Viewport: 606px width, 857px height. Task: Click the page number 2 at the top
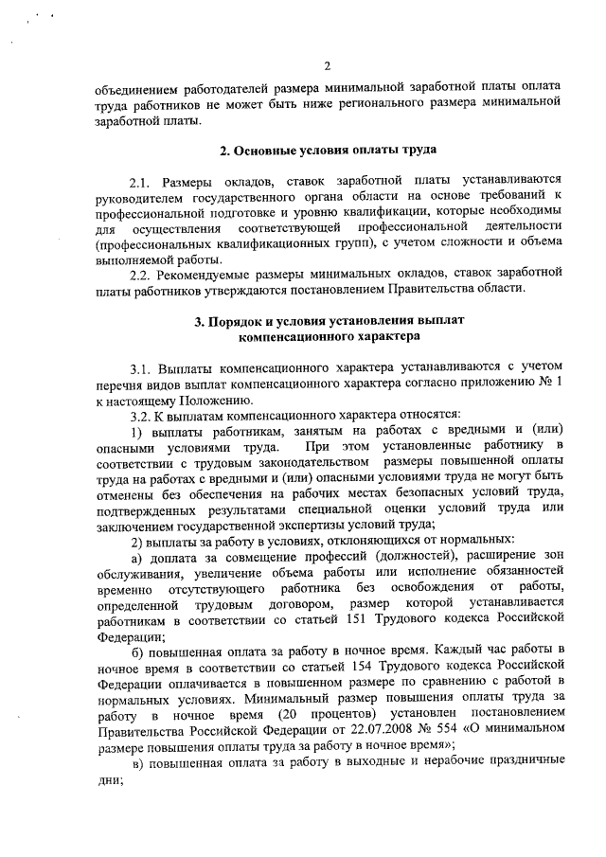click(x=326, y=65)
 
